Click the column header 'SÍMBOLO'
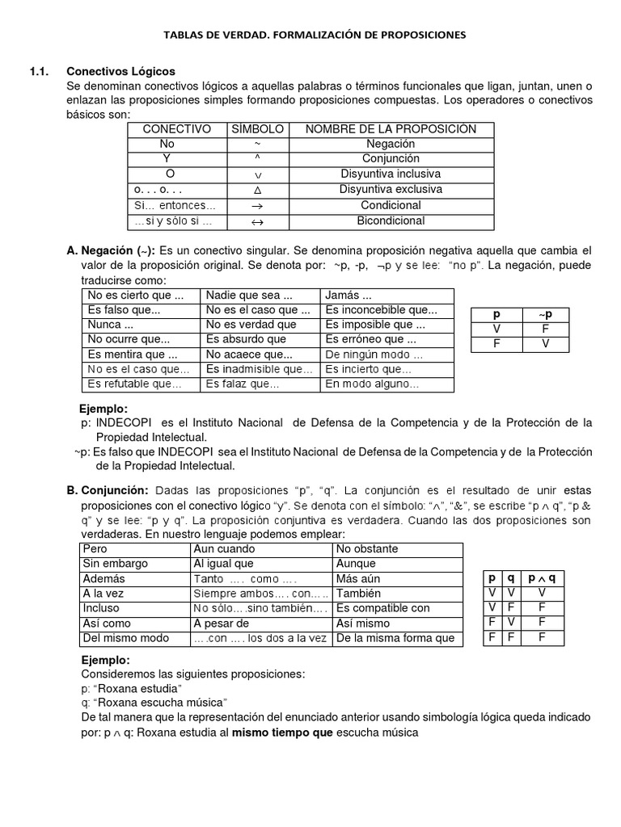click(258, 129)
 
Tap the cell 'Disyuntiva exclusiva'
click(391, 190)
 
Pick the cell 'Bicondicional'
click(391, 220)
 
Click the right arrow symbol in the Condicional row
click(258, 205)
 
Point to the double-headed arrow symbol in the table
click(258, 220)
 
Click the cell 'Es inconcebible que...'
click(381, 310)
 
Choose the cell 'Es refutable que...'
click(135, 384)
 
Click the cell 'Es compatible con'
click(382, 608)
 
